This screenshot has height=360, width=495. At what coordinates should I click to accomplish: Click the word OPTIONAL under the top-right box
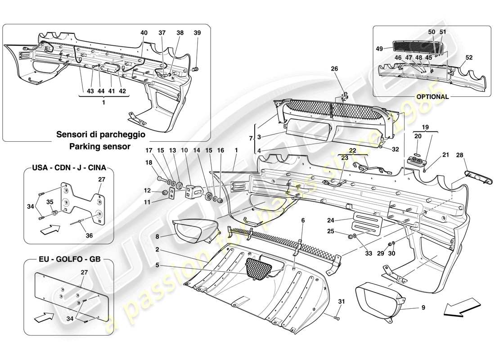[x=432, y=96]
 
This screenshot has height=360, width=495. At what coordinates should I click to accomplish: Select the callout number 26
[x=334, y=69]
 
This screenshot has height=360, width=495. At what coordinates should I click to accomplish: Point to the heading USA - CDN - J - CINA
[x=69, y=168]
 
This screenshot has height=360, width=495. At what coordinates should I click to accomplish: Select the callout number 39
[x=198, y=33]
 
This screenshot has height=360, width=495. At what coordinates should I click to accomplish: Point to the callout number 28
[x=459, y=156]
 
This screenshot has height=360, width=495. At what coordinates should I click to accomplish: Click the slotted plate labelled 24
[x=367, y=224]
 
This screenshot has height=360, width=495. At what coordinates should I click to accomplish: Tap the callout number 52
[x=469, y=58]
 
